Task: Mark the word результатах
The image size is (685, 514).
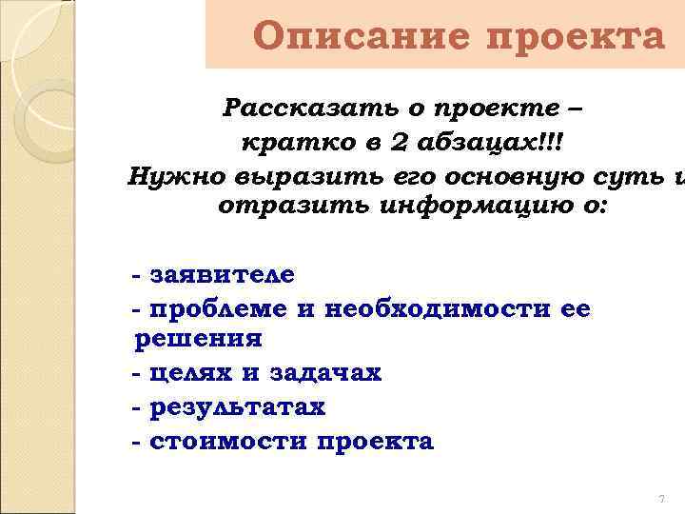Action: pyautogui.click(x=237, y=407)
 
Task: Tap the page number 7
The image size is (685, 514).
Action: pyautogui.click(x=660, y=500)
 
